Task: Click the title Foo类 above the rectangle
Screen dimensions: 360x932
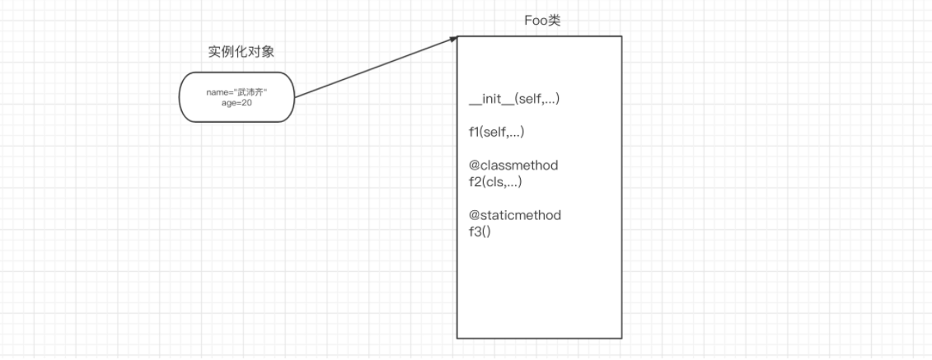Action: [x=542, y=21]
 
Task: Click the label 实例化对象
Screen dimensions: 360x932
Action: [x=241, y=51]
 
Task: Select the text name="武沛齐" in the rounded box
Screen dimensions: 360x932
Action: [x=237, y=92]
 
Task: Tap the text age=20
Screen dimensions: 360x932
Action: [x=237, y=103]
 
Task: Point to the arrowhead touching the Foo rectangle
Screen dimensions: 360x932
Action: [x=453, y=38]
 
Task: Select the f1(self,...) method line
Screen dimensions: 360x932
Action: [x=497, y=132]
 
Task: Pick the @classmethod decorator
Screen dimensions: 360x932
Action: [x=513, y=165]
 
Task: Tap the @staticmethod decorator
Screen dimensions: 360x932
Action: [x=515, y=215]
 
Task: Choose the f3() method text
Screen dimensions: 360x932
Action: [x=480, y=231]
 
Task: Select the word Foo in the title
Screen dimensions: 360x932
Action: [x=536, y=21]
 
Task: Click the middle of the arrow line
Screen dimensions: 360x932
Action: [x=375, y=67]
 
